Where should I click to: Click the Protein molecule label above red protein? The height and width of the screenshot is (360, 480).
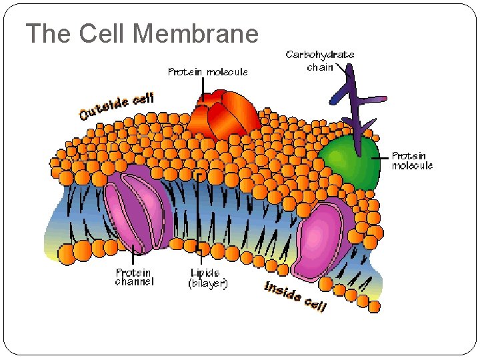tap(207, 71)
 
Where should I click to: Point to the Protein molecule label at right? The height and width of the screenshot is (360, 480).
tap(412, 161)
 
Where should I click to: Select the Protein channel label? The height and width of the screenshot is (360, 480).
tap(134, 277)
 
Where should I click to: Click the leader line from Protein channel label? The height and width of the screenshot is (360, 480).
tap(134, 256)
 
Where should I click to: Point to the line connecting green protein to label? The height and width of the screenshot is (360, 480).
tap(383, 158)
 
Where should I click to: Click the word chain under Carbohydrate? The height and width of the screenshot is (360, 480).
tap(320, 67)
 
